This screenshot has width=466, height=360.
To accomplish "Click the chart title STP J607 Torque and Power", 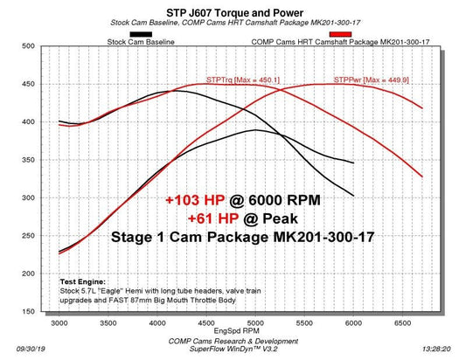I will click(233, 10).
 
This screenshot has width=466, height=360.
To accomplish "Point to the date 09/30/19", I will click(16, 347).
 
